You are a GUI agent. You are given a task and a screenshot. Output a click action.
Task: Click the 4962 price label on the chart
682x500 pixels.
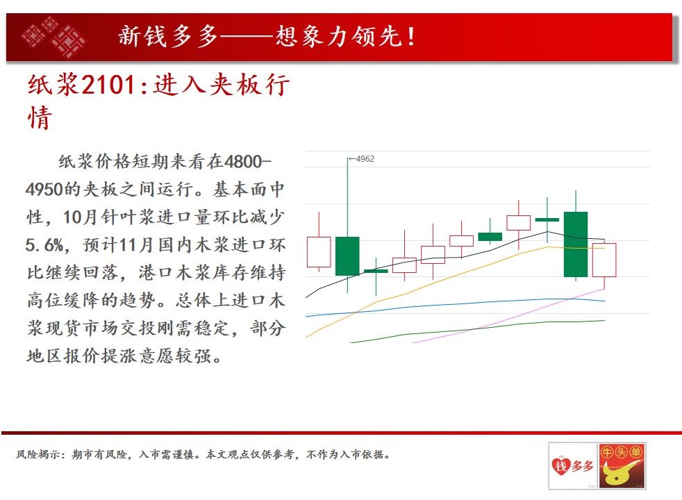365,159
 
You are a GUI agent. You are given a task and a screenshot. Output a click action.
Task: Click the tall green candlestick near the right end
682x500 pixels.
576,244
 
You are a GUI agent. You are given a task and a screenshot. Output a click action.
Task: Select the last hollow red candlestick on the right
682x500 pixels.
604,260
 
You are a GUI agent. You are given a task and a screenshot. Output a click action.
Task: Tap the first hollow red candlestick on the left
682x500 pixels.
319,252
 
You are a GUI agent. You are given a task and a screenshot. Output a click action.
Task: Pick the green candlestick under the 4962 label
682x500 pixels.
347,256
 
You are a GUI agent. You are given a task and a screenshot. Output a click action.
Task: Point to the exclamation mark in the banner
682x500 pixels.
411,37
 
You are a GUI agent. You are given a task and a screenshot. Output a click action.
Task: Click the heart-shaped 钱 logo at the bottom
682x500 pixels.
560,466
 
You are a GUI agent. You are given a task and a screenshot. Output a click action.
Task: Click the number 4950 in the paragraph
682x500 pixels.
44,190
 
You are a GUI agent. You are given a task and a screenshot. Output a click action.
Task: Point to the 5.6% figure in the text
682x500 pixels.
45,245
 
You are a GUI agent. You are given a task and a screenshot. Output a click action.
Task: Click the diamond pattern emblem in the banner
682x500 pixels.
54,37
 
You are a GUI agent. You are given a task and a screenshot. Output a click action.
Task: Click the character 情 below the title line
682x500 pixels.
40,117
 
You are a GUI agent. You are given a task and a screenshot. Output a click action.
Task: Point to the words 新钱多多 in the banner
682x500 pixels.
168,36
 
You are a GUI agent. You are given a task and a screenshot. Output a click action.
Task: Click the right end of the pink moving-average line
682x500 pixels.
605,289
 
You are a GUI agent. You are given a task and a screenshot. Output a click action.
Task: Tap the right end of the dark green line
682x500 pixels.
605,320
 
